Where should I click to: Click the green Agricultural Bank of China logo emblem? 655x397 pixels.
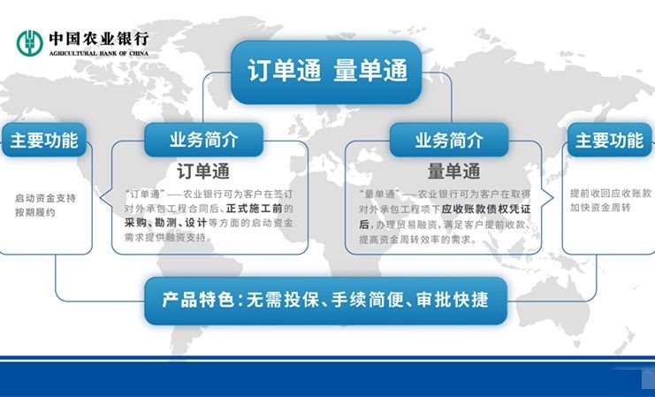(x=30, y=42)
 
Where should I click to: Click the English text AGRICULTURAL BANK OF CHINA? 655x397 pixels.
(x=99, y=53)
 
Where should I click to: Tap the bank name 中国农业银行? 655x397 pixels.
(x=99, y=39)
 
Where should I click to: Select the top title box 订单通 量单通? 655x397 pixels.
(x=326, y=72)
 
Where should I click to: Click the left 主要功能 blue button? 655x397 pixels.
(x=44, y=140)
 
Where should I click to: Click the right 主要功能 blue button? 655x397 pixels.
(x=609, y=140)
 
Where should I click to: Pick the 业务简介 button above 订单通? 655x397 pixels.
(x=204, y=140)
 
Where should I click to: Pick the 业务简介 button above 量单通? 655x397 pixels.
(x=449, y=140)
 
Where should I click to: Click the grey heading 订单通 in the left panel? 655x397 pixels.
(x=203, y=172)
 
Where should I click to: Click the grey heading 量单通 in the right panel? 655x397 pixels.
(x=453, y=172)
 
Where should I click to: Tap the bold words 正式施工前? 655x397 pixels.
(x=255, y=208)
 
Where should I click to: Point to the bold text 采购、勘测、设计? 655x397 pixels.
(x=166, y=223)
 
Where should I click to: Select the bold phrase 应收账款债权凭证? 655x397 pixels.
(x=486, y=209)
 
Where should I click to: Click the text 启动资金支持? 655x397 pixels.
(x=46, y=198)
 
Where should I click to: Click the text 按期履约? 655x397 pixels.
(x=35, y=212)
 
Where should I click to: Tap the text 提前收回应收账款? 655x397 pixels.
(x=611, y=193)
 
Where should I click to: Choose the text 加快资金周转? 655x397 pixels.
(x=600, y=208)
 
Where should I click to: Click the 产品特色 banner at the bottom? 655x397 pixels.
(x=326, y=301)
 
